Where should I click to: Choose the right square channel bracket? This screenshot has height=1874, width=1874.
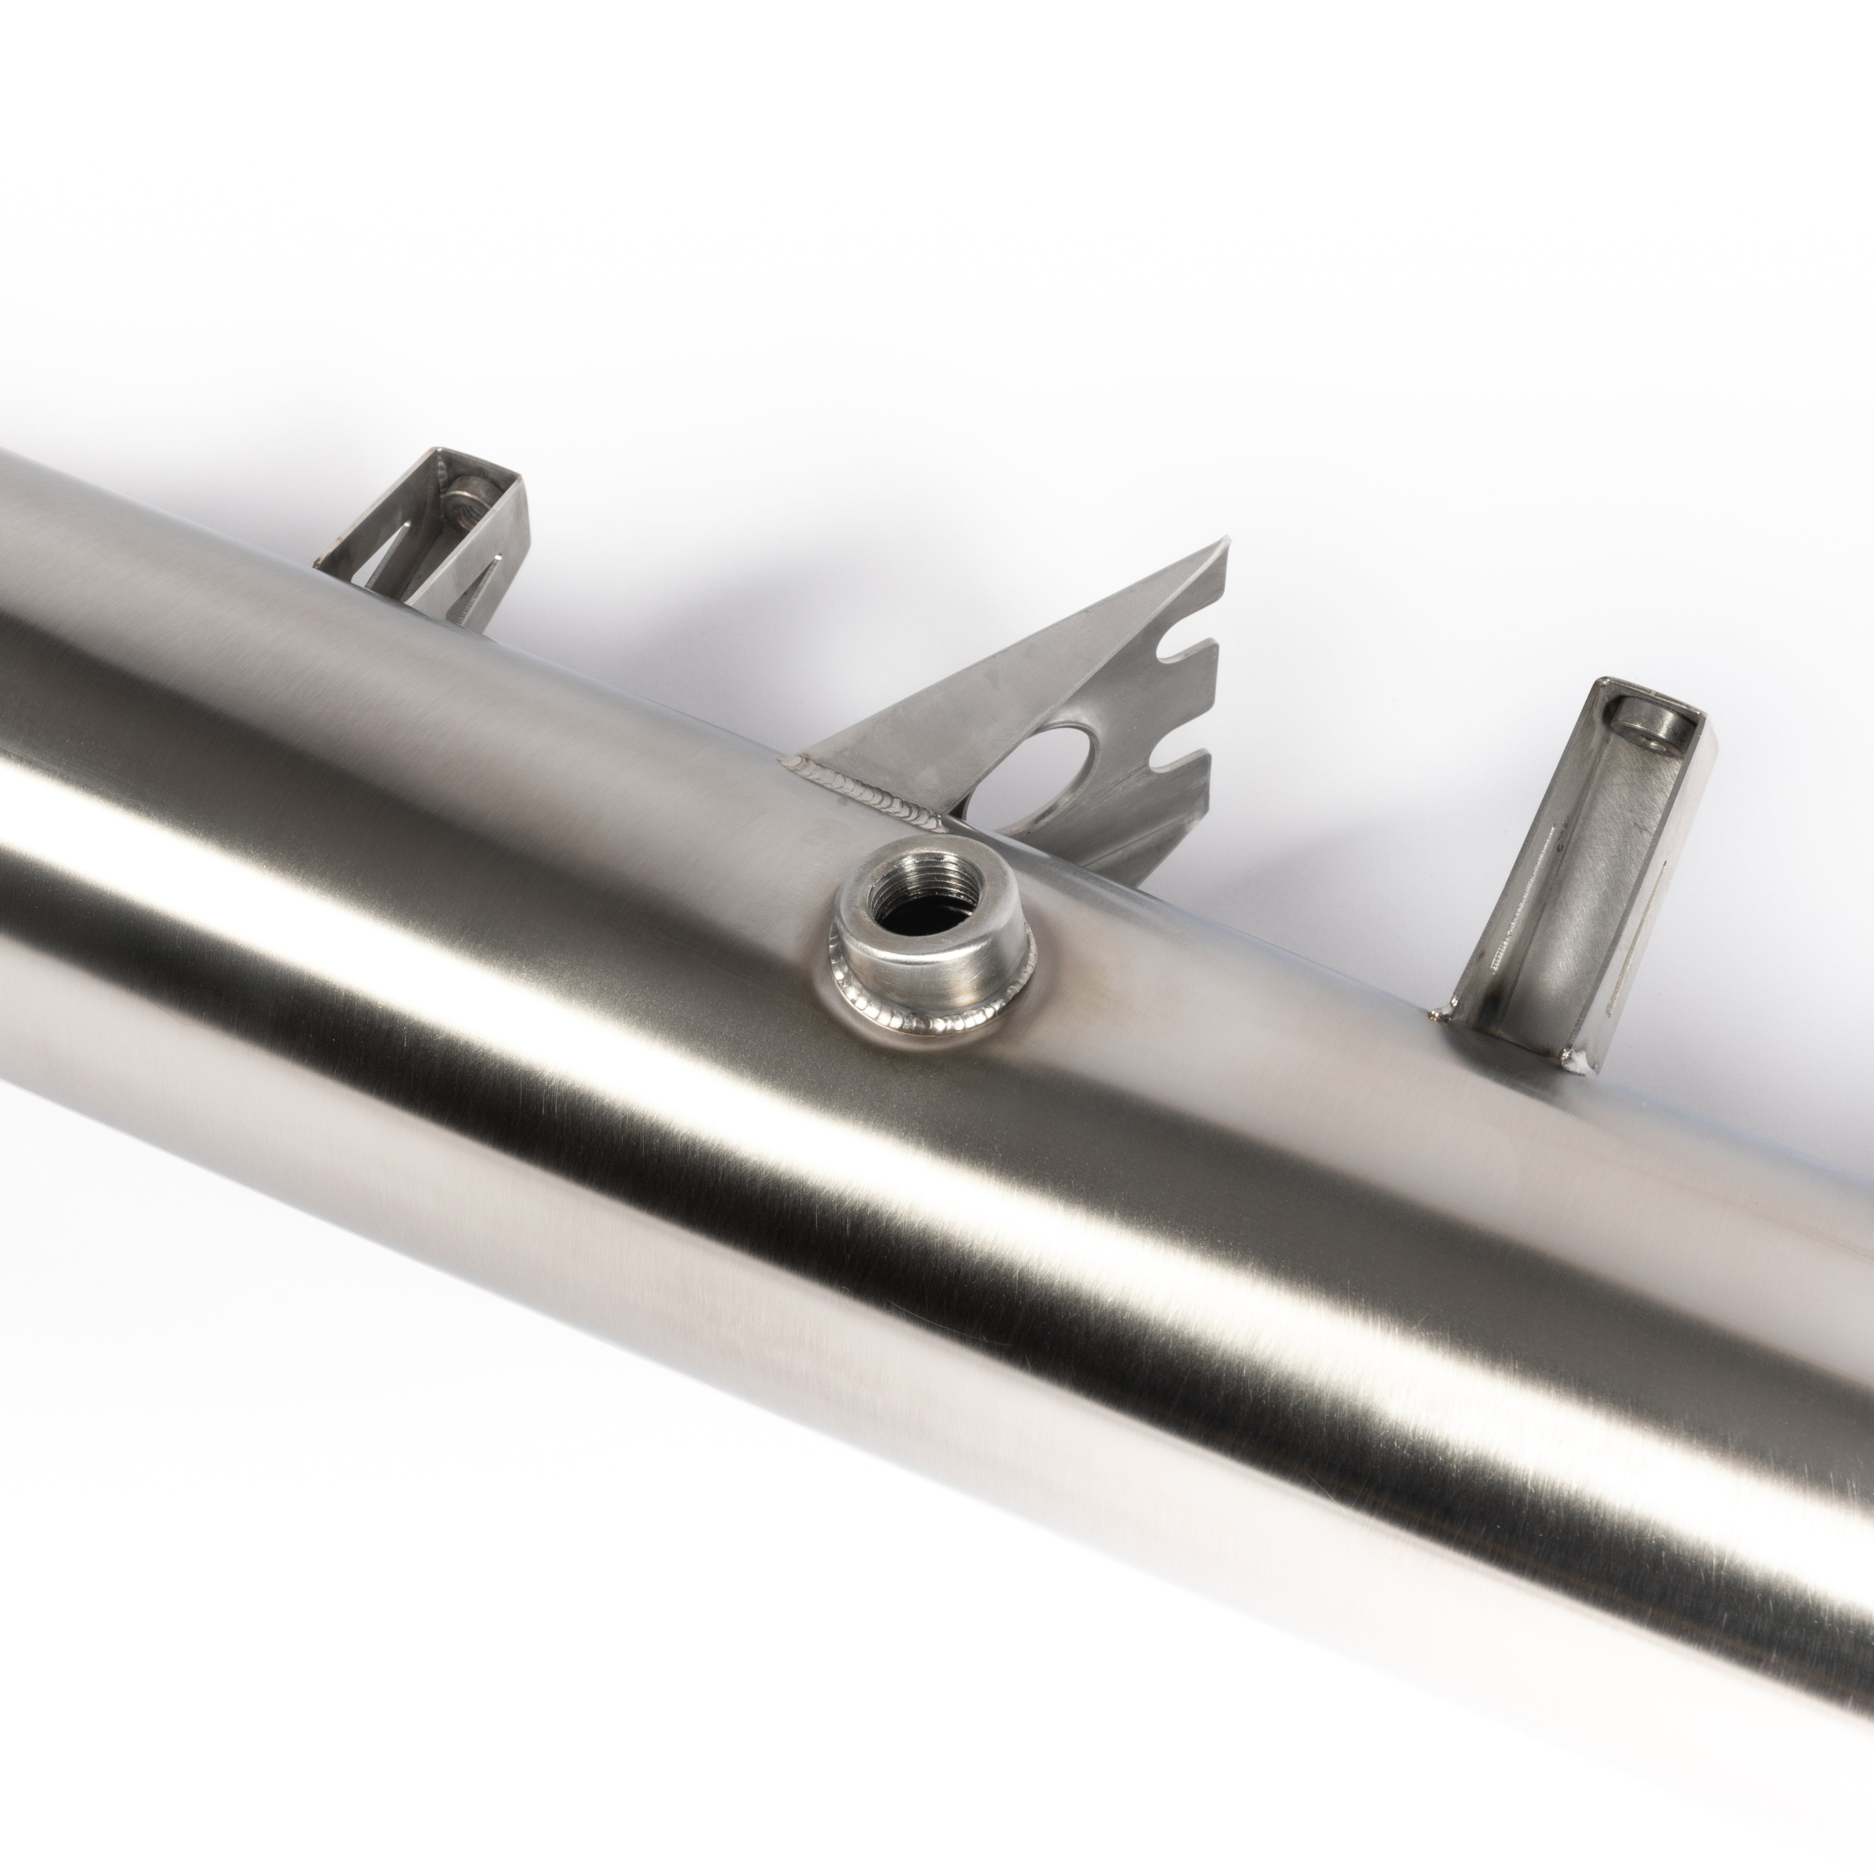[x=1591, y=873]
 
